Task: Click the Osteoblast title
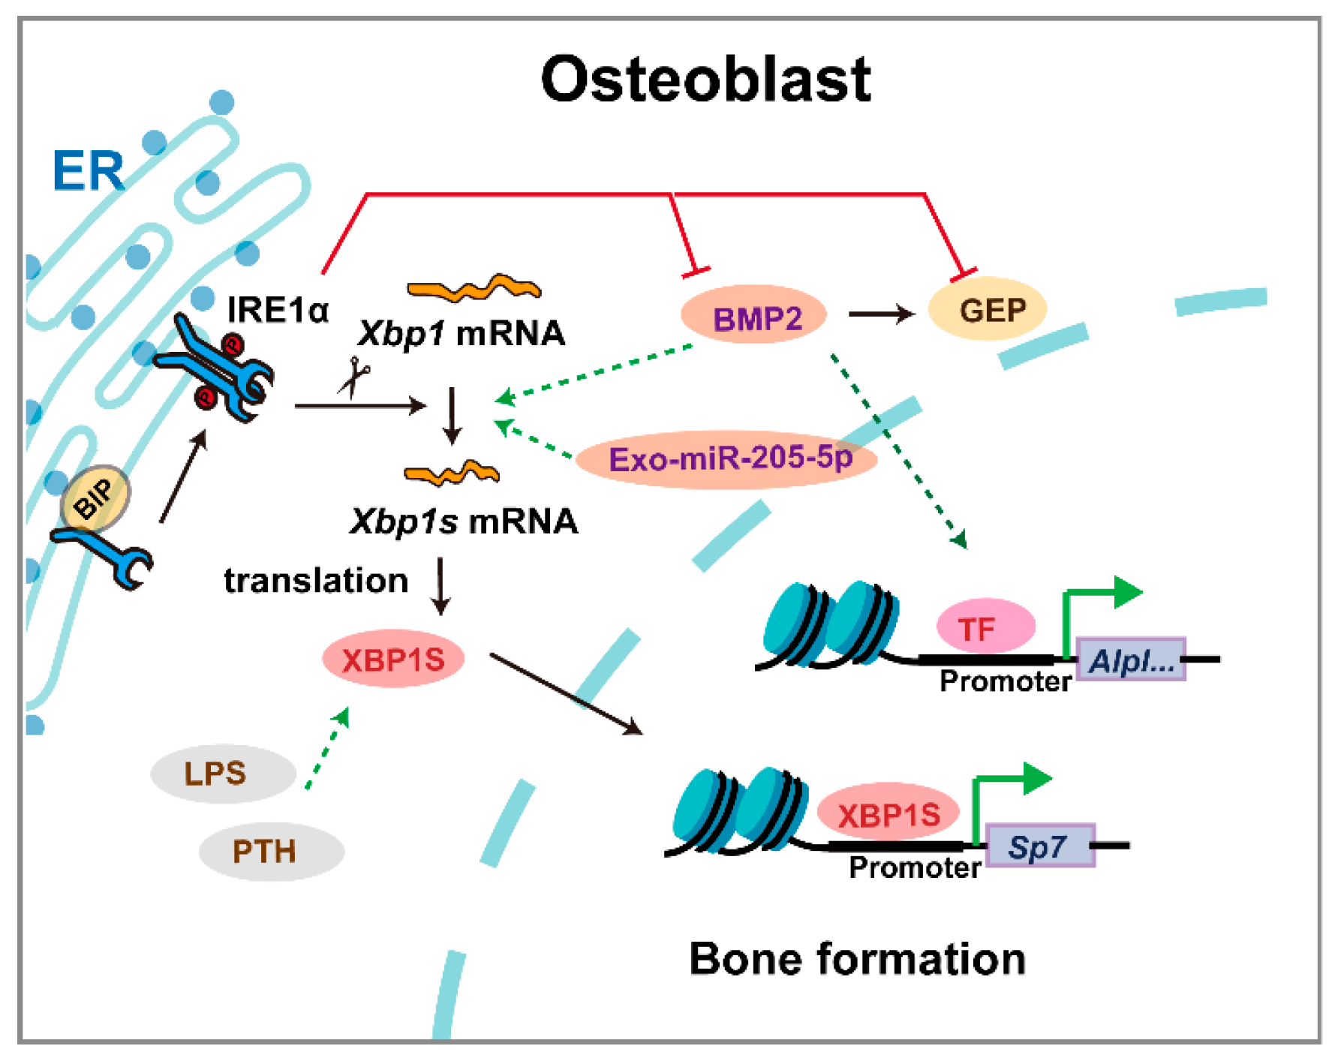(x=705, y=80)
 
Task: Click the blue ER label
(x=88, y=171)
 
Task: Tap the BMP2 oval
(x=754, y=317)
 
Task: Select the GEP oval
(x=988, y=309)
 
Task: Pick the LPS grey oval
(x=222, y=774)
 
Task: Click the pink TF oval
(x=985, y=627)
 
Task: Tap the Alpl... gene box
(x=1131, y=660)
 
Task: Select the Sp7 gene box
(x=1039, y=846)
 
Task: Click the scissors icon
(x=353, y=377)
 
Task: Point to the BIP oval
(x=95, y=500)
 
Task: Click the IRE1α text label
(x=277, y=309)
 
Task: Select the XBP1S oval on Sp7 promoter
(x=888, y=813)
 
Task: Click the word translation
(x=315, y=580)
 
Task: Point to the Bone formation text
(x=856, y=959)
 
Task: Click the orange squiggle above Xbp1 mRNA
(x=473, y=288)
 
